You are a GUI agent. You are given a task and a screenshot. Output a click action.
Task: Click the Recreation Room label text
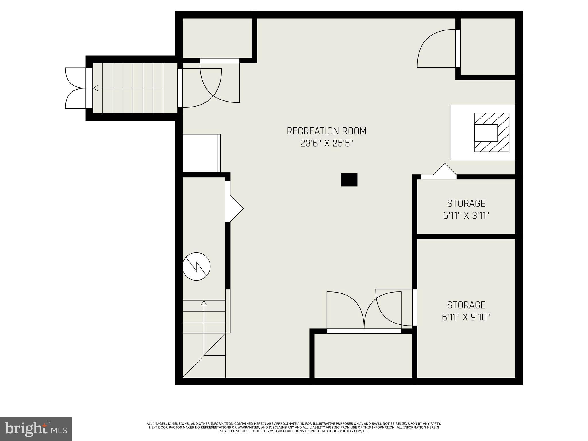326,131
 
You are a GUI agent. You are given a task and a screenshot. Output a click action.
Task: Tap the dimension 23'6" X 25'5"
326,144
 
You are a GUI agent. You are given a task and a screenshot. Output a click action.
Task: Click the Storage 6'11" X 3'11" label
466,209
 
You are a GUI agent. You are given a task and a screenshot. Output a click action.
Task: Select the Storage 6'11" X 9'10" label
466,311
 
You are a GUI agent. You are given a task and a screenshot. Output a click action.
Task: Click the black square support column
349,180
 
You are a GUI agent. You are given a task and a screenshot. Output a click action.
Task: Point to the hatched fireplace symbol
492,132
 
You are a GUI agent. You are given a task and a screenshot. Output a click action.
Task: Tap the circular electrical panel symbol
196,266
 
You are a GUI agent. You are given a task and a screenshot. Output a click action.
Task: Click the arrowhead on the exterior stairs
95,88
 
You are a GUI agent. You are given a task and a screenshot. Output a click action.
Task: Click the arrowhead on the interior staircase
204,303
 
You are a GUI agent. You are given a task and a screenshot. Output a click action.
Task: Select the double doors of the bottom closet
364,312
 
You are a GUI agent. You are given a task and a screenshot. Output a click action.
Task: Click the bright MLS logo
36,429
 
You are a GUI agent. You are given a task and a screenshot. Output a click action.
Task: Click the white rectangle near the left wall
200,153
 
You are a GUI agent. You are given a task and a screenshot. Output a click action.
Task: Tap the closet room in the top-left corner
217,38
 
